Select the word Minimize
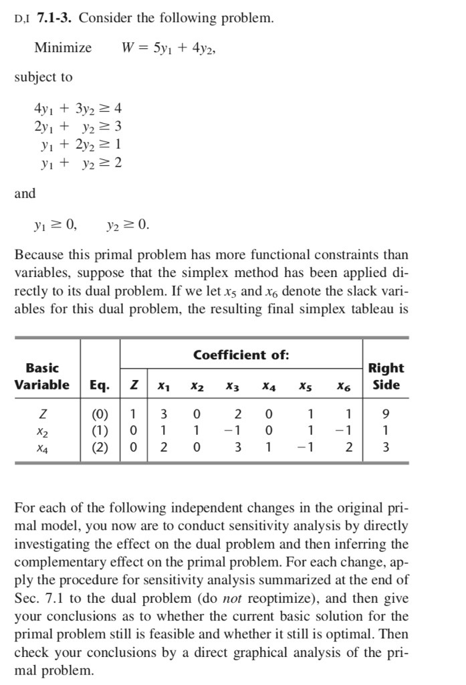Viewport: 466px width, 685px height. [x=63, y=47]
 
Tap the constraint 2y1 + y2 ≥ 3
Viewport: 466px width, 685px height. [x=78, y=126]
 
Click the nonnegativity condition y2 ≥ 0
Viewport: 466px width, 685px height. [x=128, y=225]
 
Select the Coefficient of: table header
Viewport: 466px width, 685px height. [x=241, y=355]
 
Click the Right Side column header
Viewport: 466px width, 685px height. [x=386, y=376]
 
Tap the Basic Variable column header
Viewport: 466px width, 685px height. [x=41, y=376]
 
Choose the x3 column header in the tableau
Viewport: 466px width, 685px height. [x=232, y=385]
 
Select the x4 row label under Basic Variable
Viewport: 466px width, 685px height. [x=41, y=447]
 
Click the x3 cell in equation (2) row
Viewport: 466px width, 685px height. [x=237, y=447]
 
